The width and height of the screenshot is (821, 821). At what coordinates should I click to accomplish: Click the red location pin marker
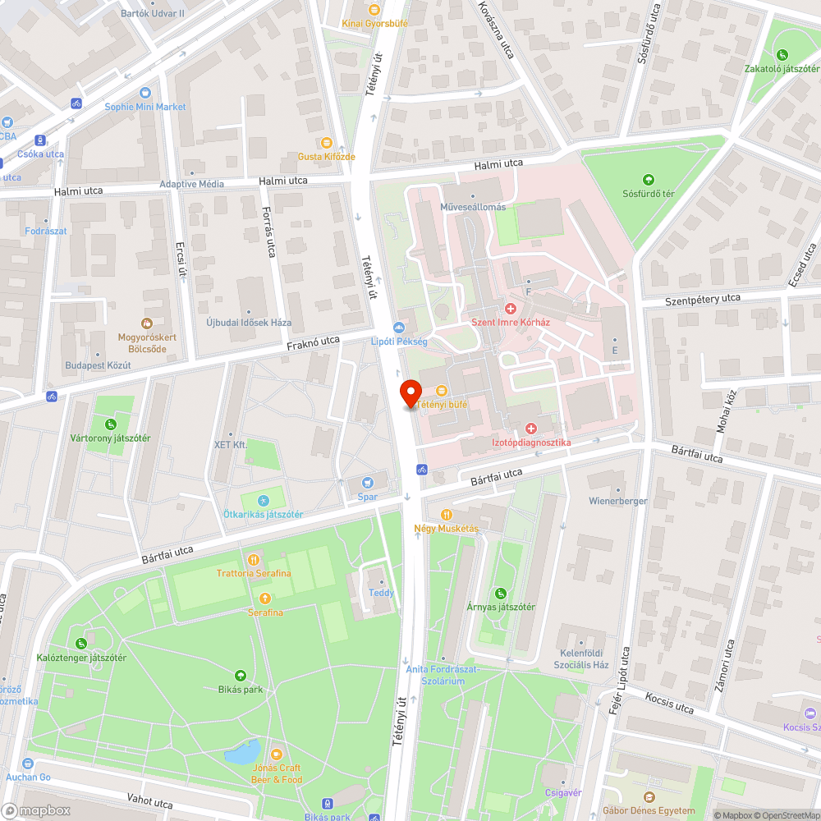coord(410,394)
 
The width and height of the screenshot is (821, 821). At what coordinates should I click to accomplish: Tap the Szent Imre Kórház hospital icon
coord(510,309)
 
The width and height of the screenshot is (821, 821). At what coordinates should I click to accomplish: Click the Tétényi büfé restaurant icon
coord(442,391)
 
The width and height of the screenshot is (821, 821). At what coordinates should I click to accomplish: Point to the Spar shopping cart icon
coord(368,483)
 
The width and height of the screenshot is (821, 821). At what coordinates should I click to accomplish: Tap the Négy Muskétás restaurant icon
coord(446,514)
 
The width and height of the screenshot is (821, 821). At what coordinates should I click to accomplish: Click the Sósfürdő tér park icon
coord(648,180)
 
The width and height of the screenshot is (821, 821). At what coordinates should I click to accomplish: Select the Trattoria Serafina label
coord(254,573)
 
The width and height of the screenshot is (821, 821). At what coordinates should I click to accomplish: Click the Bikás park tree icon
coord(241,676)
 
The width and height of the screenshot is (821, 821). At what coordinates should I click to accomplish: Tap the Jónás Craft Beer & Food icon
coord(277,753)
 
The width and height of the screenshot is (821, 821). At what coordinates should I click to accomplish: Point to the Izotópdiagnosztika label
coord(530,443)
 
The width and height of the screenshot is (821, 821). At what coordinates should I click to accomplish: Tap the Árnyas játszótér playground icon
coord(501,594)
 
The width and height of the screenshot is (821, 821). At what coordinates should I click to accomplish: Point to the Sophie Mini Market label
coord(145,107)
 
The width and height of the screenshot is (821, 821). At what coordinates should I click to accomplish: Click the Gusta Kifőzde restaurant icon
coord(327,143)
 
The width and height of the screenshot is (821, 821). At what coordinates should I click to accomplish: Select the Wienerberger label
coord(617,501)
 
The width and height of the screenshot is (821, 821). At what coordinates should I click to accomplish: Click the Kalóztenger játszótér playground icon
coord(81,644)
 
